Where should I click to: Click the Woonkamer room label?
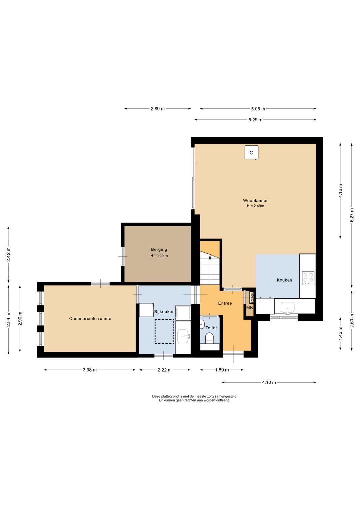click(x=255, y=201)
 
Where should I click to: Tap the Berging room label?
click(x=159, y=249)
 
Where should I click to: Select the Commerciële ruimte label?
click(x=90, y=318)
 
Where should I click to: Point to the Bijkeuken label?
click(x=164, y=312)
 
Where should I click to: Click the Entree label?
click(x=225, y=303)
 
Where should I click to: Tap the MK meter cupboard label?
click(x=250, y=308)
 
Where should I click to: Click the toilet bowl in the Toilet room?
click(x=209, y=338)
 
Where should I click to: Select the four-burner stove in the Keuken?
click(x=308, y=278)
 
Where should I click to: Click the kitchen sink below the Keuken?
click(x=288, y=308)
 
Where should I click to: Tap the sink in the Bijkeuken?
click(x=183, y=337)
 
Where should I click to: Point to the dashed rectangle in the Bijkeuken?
click(x=164, y=331)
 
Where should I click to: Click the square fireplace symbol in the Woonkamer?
click(x=251, y=152)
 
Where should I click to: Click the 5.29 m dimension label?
click(x=256, y=120)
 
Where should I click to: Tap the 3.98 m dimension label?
click(x=90, y=370)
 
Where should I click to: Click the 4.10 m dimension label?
click(x=269, y=382)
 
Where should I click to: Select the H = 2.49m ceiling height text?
click(x=256, y=206)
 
